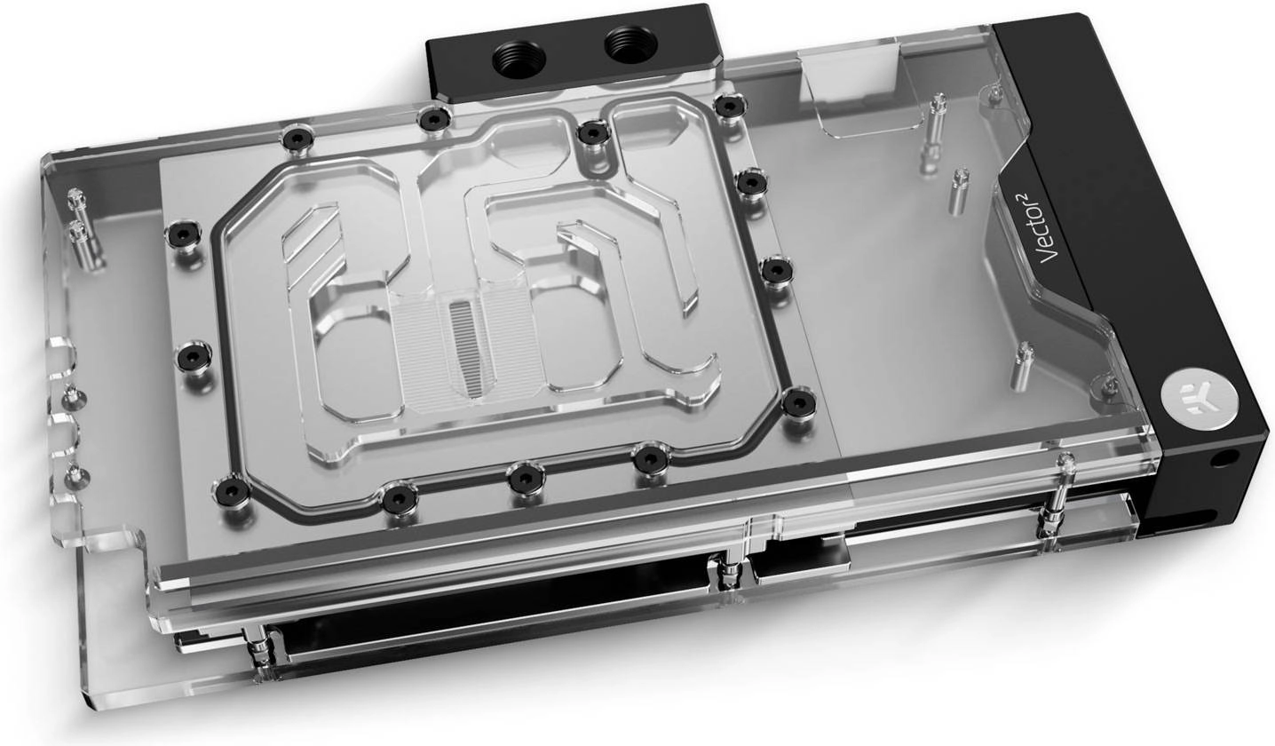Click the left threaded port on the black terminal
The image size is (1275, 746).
(519, 58)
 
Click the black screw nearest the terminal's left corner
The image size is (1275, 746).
(434, 119)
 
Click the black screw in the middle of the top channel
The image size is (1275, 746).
(592, 134)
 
